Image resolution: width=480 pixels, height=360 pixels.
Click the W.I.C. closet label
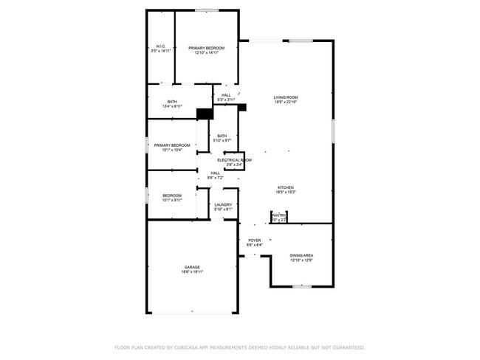pos(161,46)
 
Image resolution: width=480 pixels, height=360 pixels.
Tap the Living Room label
pos(286,97)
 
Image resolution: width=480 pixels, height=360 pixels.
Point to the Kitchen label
pos(286,187)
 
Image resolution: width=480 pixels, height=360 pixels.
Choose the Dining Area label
pos(301,255)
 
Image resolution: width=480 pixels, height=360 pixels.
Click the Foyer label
pos(254,240)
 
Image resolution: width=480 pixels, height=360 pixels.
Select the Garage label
pos(192,267)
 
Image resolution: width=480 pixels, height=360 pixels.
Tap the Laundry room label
pos(223,204)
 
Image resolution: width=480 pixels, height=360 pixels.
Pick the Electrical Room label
pos(234,159)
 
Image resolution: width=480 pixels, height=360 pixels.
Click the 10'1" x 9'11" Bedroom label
pos(172,195)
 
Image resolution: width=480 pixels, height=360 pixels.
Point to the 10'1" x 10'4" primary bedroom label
pos(172,145)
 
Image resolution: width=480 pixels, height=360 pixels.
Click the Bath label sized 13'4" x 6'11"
pos(172,102)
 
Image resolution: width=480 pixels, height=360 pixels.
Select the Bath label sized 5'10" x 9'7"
pos(222,136)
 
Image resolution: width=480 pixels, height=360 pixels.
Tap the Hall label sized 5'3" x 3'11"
pos(226,94)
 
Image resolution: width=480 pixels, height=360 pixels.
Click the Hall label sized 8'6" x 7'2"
pos(215,173)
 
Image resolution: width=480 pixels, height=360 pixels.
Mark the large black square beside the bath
pos(205,114)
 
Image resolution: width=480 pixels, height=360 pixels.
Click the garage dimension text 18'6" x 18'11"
pos(192,272)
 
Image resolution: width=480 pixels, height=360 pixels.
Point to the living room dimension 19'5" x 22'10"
pos(286,102)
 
